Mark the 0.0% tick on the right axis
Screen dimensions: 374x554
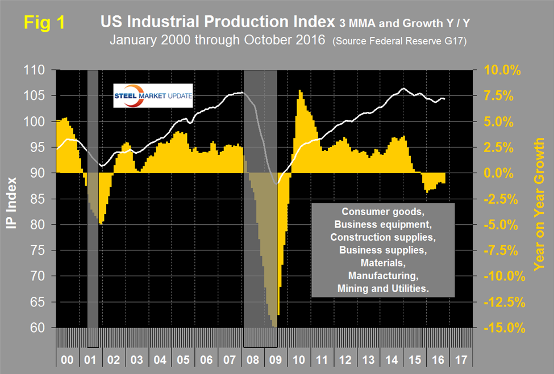click(x=502, y=173)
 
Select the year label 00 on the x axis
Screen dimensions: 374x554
click(x=67, y=360)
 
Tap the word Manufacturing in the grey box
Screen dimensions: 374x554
click(x=383, y=278)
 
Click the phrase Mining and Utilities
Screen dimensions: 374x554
click(x=383, y=289)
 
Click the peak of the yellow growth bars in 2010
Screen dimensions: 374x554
click(x=299, y=91)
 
